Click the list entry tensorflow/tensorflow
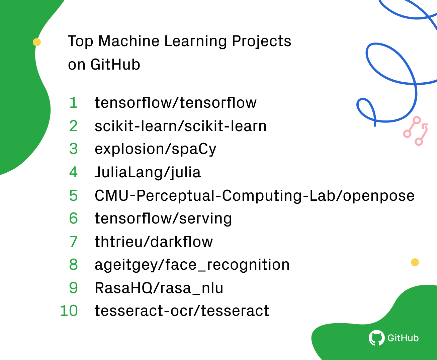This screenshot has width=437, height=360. pyautogui.click(x=175, y=103)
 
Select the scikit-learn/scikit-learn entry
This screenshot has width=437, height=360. pyautogui.click(x=180, y=126)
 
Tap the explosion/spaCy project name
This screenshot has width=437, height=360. pyautogui.click(x=155, y=149)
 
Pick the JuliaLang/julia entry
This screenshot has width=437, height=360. pyautogui.click(x=148, y=172)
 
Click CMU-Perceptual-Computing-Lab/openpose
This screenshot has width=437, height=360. pyautogui.click(x=254, y=196)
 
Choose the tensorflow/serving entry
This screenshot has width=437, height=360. pyautogui.click(x=163, y=218)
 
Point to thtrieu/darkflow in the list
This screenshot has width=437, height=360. pyautogui.click(x=154, y=242)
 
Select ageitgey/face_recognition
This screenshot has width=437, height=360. pyautogui.click(x=192, y=265)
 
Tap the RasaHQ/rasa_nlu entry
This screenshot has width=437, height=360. pyautogui.click(x=159, y=288)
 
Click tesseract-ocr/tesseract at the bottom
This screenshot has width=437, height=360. pyautogui.click(x=182, y=311)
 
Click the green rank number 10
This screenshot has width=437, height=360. pyautogui.click(x=69, y=311)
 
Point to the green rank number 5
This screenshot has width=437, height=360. pyautogui.click(x=73, y=196)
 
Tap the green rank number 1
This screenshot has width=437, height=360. pyautogui.click(x=73, y=103)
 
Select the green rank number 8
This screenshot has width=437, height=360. pyautogui.click(x=73, y=265)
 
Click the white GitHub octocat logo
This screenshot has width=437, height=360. pyautogui.click(x=376, y=338)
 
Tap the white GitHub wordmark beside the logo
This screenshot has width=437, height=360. pyautogui.click(x=403, y=338)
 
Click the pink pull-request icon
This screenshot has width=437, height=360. pyautogui.click(x=416, y=131)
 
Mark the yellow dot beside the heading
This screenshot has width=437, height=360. pyautogui.click(x=37, y=42)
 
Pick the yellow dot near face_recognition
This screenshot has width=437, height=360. pyautogui.click(x=415, y=262)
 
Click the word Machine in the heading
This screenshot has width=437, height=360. pyautogui.click(x=129, y=41)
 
